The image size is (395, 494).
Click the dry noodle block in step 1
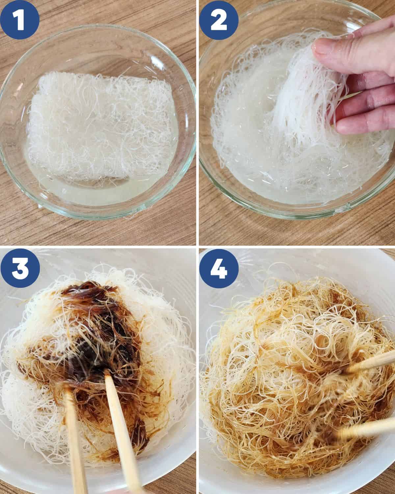click(x=99, y=128)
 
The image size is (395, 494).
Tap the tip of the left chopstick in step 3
click(x=67, y=390)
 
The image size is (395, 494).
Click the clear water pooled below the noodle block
click(x=99, y=194)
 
